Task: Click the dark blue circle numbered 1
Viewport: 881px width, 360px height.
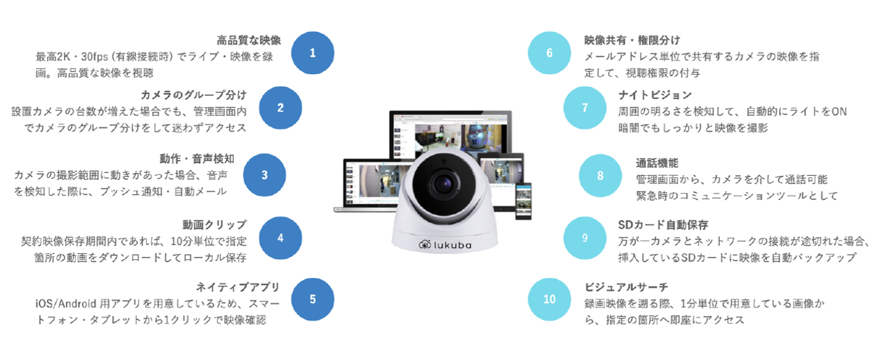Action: click(x=312, y=53)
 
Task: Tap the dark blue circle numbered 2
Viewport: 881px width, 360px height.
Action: click(x=280, y=107)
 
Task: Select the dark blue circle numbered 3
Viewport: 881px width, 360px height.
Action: click(x=264, y=175)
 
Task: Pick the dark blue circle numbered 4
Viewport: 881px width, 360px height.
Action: click(x=280, y=238)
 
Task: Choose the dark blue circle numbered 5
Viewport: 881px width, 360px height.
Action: click(x=312, y=299)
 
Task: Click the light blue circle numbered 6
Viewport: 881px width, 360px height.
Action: click(x=549, y=53)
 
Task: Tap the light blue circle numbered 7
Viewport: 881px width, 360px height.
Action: click(x=584, y=107)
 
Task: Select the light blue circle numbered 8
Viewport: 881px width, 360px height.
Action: click(x=600, y=175)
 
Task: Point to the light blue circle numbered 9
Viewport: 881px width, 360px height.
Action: click(x=584, y=238)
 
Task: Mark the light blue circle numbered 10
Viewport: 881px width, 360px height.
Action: click(x=549, y=299)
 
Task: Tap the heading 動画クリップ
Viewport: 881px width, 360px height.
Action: click(x=214, y=224)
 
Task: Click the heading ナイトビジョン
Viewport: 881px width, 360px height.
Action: click(x=655, y=95)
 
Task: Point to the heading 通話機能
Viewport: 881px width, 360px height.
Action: click(x=657, y=162)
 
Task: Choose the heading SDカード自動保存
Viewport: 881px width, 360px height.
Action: click(x=663, y=224)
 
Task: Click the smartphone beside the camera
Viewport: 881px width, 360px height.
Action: click(x=524, y=201)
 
